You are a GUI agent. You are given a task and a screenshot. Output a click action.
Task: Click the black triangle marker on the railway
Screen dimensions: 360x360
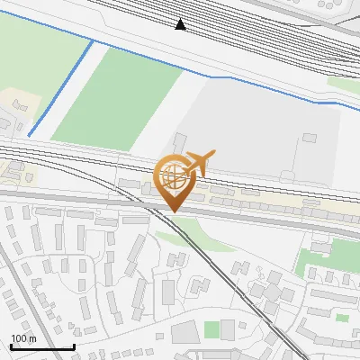pos(181,24)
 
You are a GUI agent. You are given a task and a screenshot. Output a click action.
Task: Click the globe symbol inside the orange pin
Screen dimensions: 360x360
pos(173,176)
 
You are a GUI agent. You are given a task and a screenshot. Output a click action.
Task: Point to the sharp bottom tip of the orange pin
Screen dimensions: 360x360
pos(173,212)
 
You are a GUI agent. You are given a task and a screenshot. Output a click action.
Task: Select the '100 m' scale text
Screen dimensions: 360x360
pos(23,338)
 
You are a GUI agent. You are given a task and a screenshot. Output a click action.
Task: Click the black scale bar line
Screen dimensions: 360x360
pos(42,346)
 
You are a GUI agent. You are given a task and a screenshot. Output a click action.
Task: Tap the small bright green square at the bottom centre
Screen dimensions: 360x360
pos(211,329)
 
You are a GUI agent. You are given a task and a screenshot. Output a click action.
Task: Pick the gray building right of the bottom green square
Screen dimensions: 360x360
pos(229,329)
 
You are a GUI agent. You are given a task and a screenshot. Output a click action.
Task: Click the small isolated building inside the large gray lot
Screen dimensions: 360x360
pos(310,138)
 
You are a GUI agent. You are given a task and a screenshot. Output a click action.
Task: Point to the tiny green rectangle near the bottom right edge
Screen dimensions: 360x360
pos(342,317)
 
